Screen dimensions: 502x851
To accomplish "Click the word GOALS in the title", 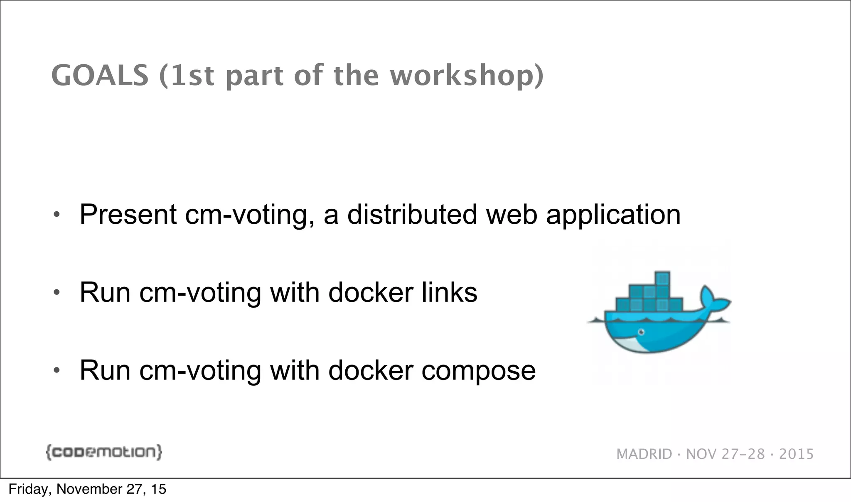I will (x=100, y=76).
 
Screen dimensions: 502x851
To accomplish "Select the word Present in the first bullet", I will (x=128, y=215).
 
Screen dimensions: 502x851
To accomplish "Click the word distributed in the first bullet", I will (x=412, y=215).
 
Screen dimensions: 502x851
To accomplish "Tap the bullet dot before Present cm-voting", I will (x=57, y=215).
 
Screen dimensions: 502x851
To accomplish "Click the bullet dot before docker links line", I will (x=57, y=293).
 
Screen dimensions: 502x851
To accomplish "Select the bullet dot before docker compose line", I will (x=57, y=370).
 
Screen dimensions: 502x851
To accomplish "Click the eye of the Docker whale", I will (x=642, y=332).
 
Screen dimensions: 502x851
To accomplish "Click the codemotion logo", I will (x=104, y=452).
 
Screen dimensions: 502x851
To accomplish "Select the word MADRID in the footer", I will (x=644, y=454).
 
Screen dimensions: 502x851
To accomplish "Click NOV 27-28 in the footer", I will (x=725, y=454).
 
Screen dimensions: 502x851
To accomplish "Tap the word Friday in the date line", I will (x=28, y=490).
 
